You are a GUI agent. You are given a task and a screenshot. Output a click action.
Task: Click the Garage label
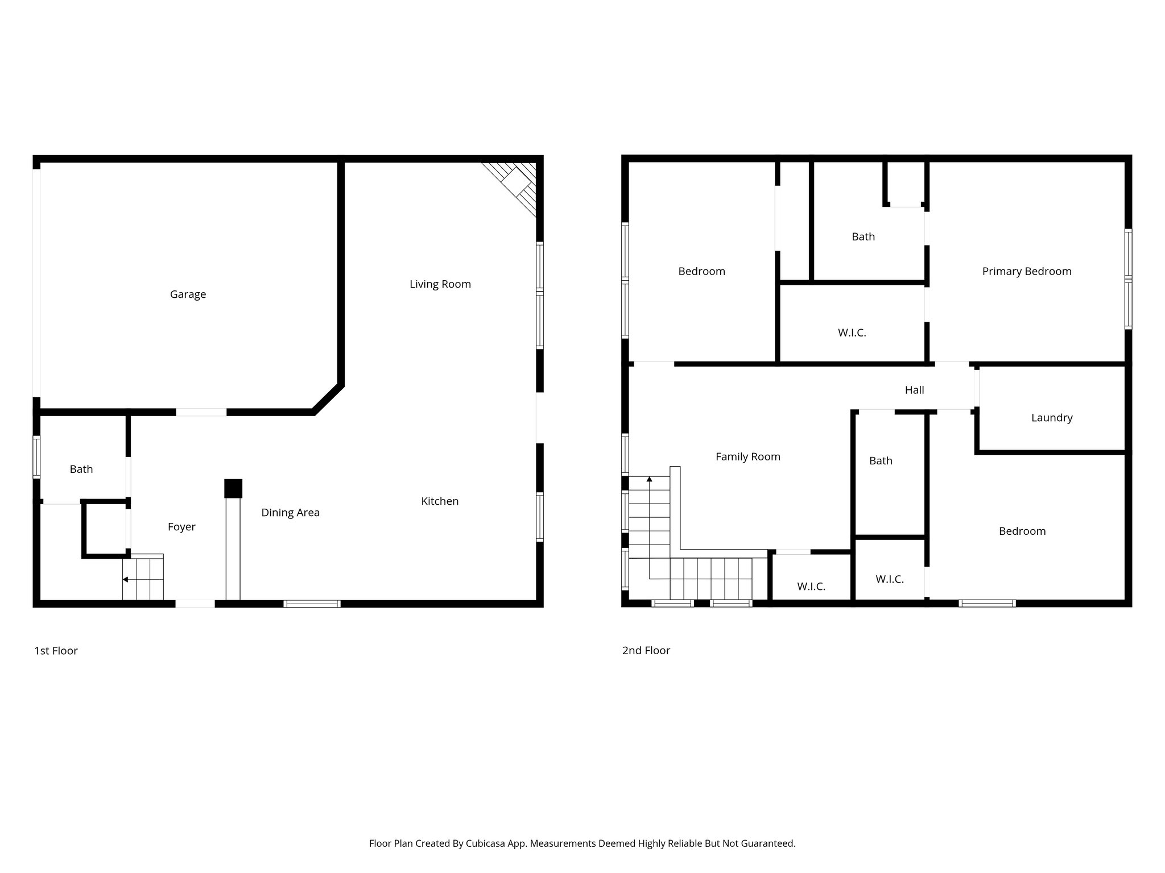188,294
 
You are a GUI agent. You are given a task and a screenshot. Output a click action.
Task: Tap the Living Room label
440,284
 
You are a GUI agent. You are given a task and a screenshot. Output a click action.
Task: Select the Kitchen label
439,501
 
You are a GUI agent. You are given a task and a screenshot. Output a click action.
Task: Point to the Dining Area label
290,513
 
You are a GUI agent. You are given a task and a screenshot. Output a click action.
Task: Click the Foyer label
181,527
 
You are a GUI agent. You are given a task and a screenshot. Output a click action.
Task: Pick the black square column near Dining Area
233,489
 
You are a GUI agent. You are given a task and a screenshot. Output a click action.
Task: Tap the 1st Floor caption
56,651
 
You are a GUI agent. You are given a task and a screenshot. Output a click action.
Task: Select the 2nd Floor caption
646,651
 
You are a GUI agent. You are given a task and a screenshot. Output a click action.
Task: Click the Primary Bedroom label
1026,272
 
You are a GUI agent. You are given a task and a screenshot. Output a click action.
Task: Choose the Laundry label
1051,418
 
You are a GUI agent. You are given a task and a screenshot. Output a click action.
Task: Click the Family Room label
747,457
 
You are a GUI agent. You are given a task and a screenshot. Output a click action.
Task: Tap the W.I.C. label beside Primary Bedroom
852,333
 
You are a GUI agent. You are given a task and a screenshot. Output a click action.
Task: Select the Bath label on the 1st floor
81,469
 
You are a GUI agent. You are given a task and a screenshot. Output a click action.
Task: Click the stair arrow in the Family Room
649,480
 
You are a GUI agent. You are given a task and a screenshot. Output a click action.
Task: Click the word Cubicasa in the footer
485,843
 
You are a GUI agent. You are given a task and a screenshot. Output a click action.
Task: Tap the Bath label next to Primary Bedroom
863,237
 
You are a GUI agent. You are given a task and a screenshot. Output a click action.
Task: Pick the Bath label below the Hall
881,461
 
